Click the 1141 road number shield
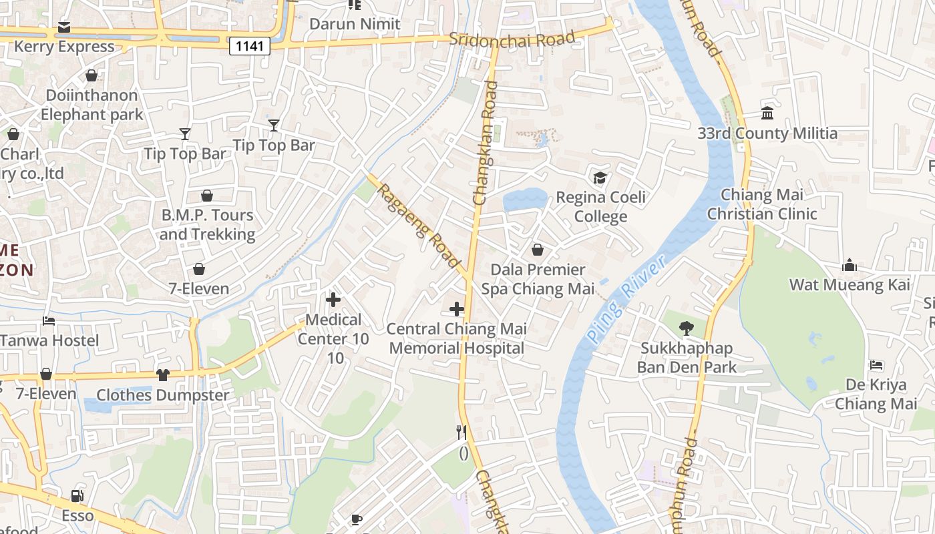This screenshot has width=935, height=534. coord(250,46)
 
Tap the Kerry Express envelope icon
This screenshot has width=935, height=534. coord(64,27)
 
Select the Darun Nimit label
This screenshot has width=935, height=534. coord(355,24)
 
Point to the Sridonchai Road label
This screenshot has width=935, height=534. coord(512,39)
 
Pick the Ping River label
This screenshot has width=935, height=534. coord(626,300)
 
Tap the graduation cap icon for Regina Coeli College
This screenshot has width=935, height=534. coord(600,178)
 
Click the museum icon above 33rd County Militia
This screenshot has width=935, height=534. coord(767,114)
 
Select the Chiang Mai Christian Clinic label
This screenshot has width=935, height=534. coord(762,204)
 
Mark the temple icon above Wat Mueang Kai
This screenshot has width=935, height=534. coord(850,266)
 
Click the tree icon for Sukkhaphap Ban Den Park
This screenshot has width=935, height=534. coord(685,328)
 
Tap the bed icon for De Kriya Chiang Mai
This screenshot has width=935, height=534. coord(876,365)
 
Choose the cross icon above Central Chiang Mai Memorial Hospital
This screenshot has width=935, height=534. coord(457,309)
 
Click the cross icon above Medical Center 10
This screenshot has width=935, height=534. coord(333,300)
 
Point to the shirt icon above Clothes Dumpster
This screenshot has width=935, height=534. coord(163,375)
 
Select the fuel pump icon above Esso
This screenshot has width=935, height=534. coord(77,496)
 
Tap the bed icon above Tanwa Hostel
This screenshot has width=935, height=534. coord(49,321)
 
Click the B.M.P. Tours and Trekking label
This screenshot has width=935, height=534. coord(207,225)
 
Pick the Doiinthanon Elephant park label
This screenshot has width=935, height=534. coord(92,105)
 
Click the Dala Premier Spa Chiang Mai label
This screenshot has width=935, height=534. coord(538,279)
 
